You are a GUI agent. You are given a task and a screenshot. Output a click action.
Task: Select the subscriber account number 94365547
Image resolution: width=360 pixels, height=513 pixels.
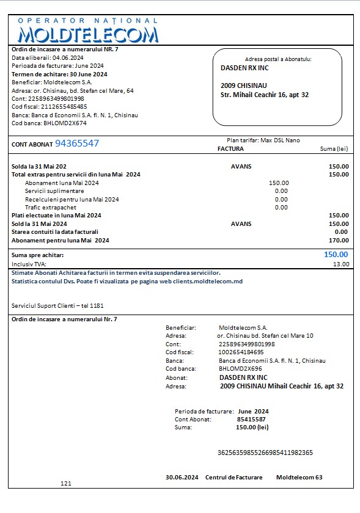pyautogui.click(x=77, y=144)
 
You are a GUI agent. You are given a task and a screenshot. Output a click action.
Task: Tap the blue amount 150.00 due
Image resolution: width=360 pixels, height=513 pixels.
pyautogui.click(x=336, y=255)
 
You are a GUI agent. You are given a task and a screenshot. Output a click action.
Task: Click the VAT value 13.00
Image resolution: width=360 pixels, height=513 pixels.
pyautogui.click(x=341, y=264)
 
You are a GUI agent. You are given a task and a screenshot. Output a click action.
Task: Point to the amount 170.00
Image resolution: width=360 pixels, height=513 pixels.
pyautogui.click(x=338, y=241)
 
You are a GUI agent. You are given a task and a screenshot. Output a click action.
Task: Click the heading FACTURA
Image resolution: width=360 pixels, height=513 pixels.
pyautogui.click(x=230, y=148)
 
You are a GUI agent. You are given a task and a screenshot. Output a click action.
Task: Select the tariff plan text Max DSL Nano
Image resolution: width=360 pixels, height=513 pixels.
pyautogui.click(x=280, y=140)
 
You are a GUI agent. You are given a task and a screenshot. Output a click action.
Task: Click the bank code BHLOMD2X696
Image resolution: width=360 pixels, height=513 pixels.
pyautogui.click(x=240, y=369)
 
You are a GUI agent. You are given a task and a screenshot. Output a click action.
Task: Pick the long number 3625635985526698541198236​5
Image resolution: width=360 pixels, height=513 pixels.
pyautogui.click(x=265, y=453)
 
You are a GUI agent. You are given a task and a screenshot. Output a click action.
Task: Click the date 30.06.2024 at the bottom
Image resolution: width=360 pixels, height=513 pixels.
pyautogui.click(x=182, y=477)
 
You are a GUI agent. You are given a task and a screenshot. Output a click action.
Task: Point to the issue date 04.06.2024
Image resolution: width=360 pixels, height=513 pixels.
pyautogui.click(x=64, y=58)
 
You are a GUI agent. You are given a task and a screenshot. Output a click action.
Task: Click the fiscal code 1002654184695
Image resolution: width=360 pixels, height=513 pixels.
pyautogui.click(x=241, y=352)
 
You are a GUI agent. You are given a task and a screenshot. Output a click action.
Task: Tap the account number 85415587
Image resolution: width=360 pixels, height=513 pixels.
pyautogui.click(x=251, y=420)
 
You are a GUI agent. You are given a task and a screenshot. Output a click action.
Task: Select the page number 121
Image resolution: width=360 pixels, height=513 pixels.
pyautogui.click(x=66, y=484)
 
